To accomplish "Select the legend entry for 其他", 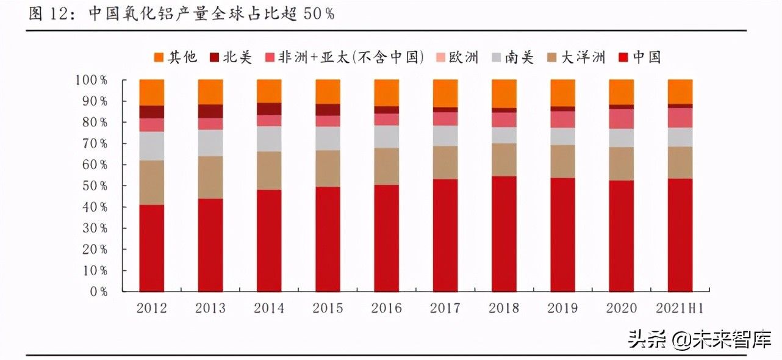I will [x=176, y=58].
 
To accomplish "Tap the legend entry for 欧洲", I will [x=456, y=58].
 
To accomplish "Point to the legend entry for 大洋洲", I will [x=576, y=58].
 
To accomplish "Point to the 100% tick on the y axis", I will [x=91, y=80].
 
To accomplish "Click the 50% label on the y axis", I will [x=94, y=186].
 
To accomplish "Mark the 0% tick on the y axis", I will [x=97, y=292].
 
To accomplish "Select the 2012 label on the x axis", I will [x=152, y=308].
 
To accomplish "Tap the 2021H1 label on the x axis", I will [x=680, y=308].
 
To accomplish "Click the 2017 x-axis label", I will [x=445, y=308].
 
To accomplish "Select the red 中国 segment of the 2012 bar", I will [x=152, y=248].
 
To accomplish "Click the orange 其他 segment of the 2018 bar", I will [x=504, y=93].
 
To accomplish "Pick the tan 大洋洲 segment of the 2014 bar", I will [x=269, y=170].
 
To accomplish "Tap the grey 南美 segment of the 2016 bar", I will [x=387, y=137].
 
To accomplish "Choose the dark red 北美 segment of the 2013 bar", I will [x=210, y=111].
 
